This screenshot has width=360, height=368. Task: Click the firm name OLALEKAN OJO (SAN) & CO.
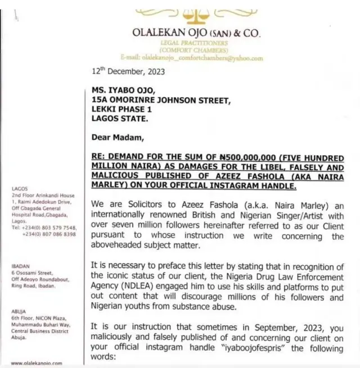tap(196, 33)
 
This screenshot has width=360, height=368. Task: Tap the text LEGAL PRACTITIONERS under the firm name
tap(196, 43)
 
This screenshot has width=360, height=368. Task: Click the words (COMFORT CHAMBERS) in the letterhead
tap(196, 49)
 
